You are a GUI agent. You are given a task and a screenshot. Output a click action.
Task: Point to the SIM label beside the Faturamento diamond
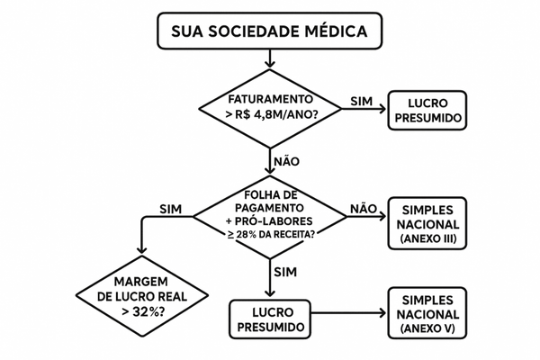coord(359,98)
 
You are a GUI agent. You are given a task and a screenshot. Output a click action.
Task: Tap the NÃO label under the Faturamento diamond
coord(285,162)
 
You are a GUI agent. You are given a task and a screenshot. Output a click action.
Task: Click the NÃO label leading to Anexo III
coord(362,208)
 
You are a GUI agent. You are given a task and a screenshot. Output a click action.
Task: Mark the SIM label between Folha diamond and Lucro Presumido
coord(285,271)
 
